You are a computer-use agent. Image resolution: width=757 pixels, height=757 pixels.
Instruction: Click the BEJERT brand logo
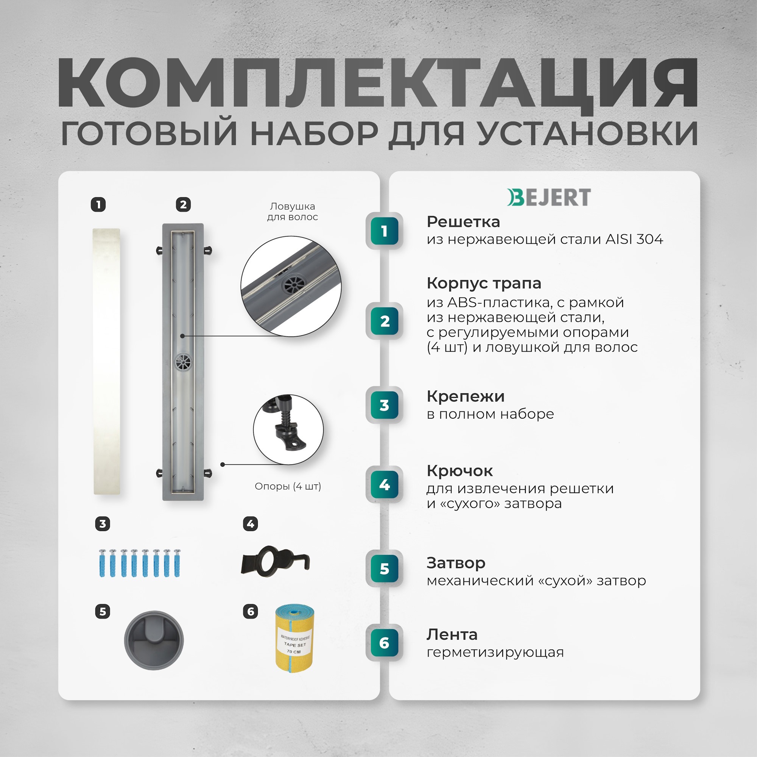tap(549, 197)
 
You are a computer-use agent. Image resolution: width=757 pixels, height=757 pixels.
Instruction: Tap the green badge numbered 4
tap(385, 485)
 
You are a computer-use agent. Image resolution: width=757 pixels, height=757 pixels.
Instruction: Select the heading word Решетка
tap(463, 222)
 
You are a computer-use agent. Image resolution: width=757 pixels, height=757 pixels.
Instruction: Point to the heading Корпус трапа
tap(484, 283)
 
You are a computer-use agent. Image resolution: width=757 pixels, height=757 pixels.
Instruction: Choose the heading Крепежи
tap(466, 397)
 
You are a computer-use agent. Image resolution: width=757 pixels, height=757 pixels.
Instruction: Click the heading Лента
tap(452, 634)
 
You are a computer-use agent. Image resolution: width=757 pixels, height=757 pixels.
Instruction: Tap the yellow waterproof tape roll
tap(294, 639)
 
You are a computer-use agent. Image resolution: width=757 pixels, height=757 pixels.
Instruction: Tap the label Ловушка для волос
tap(292, 212)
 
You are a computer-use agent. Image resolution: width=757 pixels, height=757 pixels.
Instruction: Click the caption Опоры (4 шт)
tap(288, 486)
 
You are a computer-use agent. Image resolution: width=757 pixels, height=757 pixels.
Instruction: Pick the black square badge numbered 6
tap(250, 611)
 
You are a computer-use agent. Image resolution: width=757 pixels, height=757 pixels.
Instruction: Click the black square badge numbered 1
tap(98, 204)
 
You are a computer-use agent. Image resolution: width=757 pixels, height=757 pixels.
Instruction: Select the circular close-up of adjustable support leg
tap(288, 430)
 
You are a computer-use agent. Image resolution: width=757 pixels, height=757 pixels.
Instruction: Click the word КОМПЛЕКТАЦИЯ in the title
tap(378, 83)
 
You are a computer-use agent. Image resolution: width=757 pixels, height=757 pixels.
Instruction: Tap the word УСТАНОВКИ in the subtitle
tap(588, 134)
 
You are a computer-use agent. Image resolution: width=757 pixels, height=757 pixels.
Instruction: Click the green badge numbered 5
tap(385, 569)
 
